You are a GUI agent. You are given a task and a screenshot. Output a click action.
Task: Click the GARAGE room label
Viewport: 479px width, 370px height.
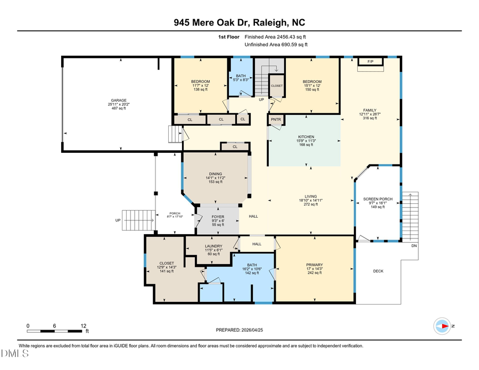pyautogui.click(x=118, y=100)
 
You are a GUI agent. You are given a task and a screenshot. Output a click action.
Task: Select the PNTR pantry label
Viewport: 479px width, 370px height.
pyautogui.click(x=276, y=120)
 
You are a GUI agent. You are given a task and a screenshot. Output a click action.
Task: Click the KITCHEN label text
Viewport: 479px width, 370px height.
pyautogui.click(x=305, y=137)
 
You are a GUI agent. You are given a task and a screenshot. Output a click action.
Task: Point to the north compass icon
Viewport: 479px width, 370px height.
pyautogui.click(x=442, y=325)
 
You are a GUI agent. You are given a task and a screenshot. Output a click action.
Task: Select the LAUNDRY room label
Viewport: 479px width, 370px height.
pyautogui.click(x=213, y=246)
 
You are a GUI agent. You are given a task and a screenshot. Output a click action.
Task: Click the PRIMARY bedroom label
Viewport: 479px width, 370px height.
pyautogui.click(x=314, y=265)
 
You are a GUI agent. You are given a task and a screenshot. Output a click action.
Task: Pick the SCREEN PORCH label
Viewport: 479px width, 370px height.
pyautogui.click(x=377, y=199)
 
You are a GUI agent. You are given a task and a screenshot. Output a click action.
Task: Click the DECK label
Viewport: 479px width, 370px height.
pyautogui.click(x=378, y=271)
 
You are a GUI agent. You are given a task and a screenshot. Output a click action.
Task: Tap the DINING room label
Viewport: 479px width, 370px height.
pyautogui.click(x=215, y=174)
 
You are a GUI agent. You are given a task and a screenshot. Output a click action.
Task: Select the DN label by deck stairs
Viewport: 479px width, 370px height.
pyautogui.click(x=414, y=246)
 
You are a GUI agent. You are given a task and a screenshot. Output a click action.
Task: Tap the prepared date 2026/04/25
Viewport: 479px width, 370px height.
pyautogui.click(x=239, y=330)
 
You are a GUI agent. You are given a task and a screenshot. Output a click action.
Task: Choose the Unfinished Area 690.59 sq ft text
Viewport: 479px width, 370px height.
pyautogui.click(x=275, y=45)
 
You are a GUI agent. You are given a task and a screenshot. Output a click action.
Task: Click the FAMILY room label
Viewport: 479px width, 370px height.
pyautogui.click(x=369, y=110)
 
